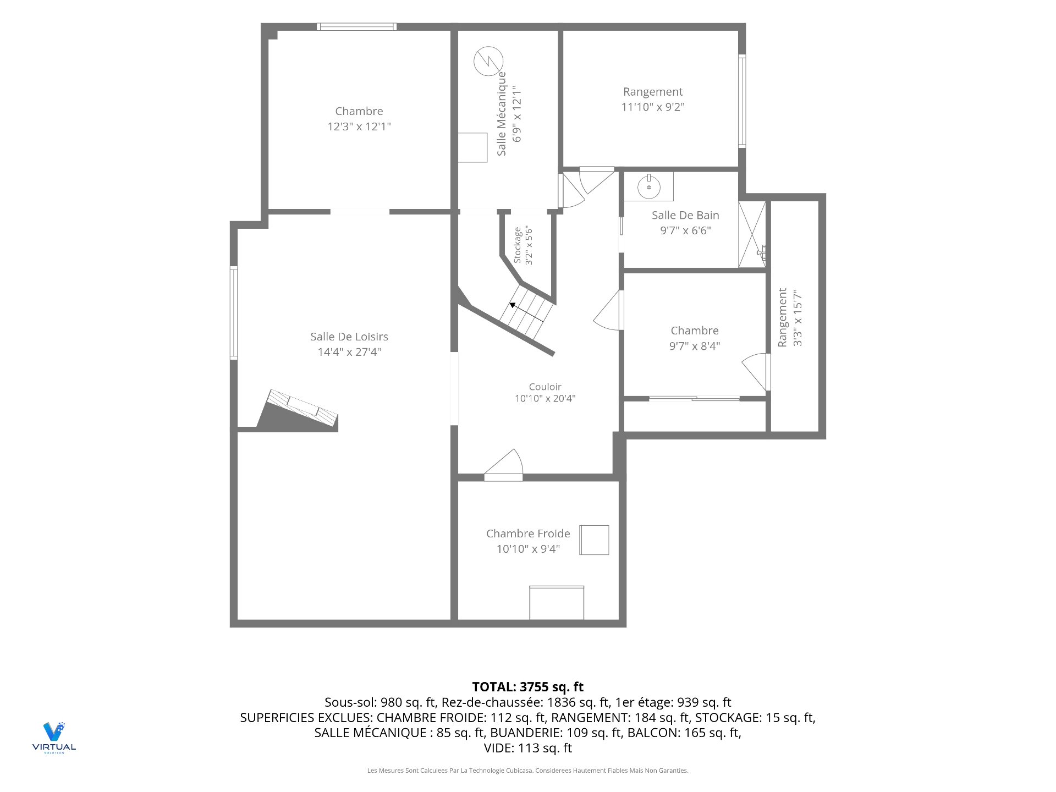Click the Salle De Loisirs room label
(x=349, y=337)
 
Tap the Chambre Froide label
(x=528, y=533)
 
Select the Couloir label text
(x=545, y=387)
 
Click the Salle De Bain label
(x=685, y=215)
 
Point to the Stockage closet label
(x=518, y=245)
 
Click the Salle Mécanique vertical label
(x=502, y=113)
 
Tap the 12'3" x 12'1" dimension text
(x=359, y=127)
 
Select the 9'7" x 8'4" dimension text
(x=695, y=346)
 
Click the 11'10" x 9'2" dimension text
(x=653, y=107)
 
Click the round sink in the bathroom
(x=649, y=187)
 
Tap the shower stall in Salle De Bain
(x=752, y=234)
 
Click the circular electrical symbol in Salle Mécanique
(x=488, y=61)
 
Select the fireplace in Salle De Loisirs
(x=298, y=410)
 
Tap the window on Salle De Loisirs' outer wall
(x=234, y=313)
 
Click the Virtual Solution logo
(x=54, y=738)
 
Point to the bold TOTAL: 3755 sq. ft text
(x=528, y=687)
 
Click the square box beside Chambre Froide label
(x=594, y=540)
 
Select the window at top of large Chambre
(x=356, y=26)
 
